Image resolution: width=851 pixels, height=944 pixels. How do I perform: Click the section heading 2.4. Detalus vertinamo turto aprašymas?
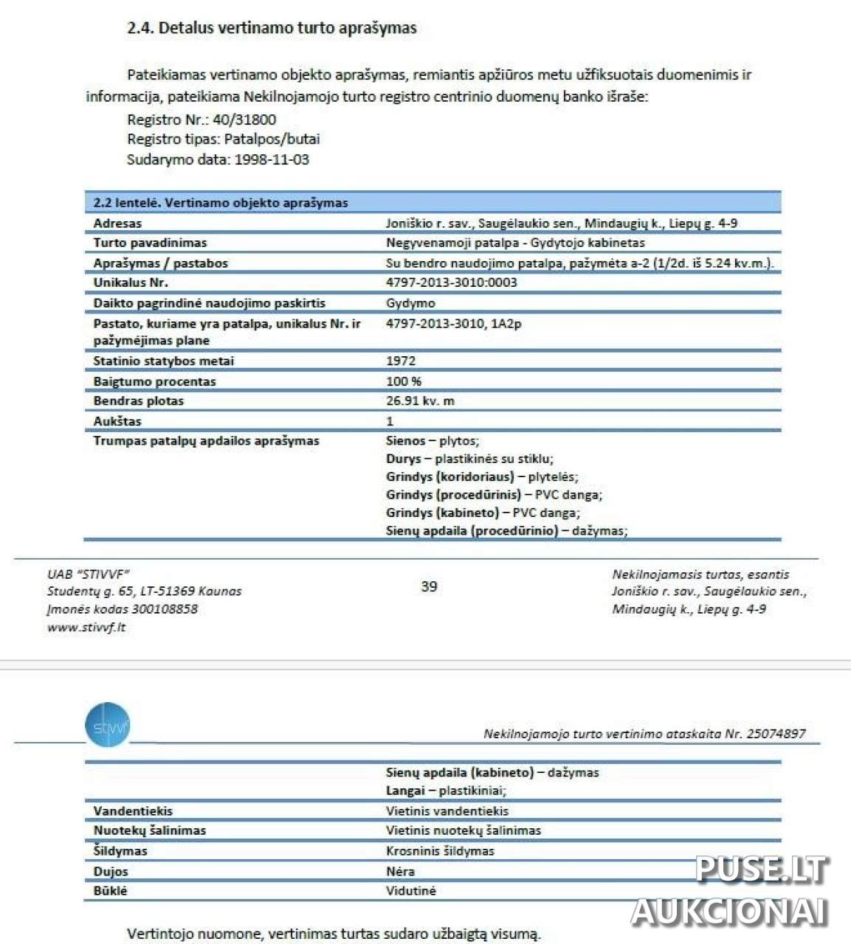(x=272, y=28)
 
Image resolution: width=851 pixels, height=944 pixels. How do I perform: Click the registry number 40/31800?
(x=244, y=119)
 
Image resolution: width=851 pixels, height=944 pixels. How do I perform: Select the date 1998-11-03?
(x=272, y=159)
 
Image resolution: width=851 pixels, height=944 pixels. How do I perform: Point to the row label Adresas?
(x=117, y=223)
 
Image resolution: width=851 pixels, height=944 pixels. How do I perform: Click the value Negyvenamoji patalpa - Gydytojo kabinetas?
(x=515, y=243)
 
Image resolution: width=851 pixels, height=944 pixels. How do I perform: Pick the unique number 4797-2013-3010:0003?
(x=451, y=282)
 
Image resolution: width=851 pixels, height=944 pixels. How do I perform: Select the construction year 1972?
(x=401, y=361)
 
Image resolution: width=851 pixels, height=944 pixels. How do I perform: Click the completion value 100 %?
(x=404, y=381)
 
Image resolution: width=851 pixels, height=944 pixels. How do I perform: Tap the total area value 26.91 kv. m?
(x=420, y=401)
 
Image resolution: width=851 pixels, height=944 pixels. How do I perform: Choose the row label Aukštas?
(x=117, y=421)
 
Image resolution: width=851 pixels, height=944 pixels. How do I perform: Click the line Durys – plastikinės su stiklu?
(x=469, y=459)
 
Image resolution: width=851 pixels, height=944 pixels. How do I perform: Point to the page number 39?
(x=429, y=586)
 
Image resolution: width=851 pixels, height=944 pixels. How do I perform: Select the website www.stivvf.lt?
(x=86, y=628)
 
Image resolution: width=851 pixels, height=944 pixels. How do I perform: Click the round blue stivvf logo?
(x=108, y=725)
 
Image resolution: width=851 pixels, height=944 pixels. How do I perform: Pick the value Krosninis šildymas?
(x=440, y=850)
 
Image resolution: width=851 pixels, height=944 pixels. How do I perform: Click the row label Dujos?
(x=111, y=871)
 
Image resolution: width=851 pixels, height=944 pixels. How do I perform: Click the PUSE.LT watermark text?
(x=762, y=870)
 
